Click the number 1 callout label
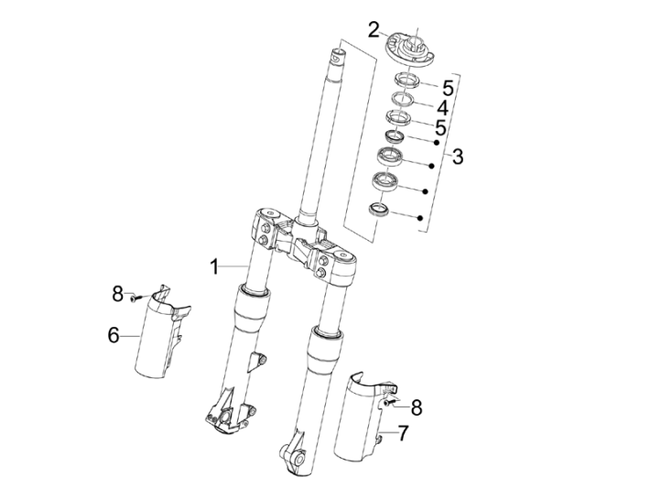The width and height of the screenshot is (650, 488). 212,267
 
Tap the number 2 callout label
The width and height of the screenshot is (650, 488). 374,28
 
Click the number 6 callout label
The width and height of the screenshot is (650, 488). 114,335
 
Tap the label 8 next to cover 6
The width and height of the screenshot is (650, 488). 117,293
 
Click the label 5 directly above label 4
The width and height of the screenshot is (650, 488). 448,88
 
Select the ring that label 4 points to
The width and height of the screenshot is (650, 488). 403,98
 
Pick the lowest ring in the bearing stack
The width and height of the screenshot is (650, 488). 378,211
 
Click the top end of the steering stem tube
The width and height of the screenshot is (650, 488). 342,58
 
